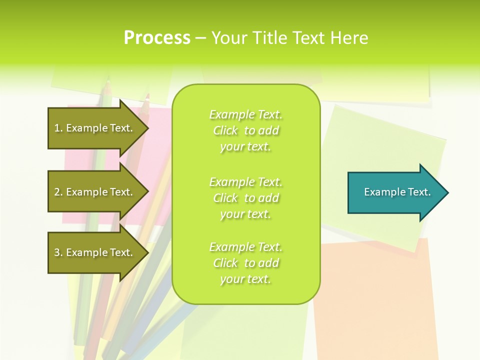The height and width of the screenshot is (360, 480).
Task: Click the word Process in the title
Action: pyautogui.click(x=157, y=38)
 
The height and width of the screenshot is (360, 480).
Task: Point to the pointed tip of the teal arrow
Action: pyautogui.click(x=447, y=192)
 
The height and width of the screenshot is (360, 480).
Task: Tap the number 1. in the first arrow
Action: pyautogui.click(x=58, y=128)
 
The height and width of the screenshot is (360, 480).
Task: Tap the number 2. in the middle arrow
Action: pyautogui.click(x=58, y=192)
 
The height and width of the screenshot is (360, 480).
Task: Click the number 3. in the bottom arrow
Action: pyautogui.click(x=58, y=252)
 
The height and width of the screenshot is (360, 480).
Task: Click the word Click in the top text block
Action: pyautogui.click(x=225, y=131)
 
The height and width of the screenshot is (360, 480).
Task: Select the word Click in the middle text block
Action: pyautogui.click(x=225, y=198)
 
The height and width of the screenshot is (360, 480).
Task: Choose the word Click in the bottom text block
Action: pyautogui.click(x=225, y=263)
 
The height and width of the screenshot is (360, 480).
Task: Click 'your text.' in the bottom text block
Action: pyautogui.click(x=245, y=279)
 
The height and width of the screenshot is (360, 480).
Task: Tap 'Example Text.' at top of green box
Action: pyautogui.click(x=245, y=115)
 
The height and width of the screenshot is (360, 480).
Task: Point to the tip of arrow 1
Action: pyautogui.click(x=147, y=128)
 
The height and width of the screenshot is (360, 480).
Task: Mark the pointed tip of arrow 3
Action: pyautogui.click(x=147, y=252)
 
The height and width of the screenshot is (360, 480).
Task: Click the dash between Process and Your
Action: pyautogui.click(x=200, y=38)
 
